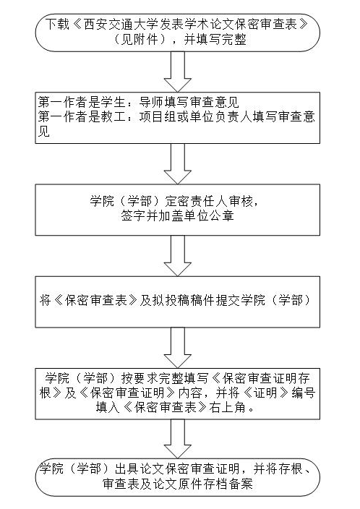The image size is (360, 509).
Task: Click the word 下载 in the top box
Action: (57, 25)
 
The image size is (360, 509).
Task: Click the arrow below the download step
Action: (178, 72)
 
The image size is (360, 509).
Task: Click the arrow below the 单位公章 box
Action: (178, 256)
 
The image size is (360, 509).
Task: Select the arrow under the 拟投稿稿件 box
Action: (178, 348)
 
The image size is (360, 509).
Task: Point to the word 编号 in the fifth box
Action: (303, 393)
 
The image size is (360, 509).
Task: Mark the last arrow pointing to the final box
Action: (178, 439)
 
